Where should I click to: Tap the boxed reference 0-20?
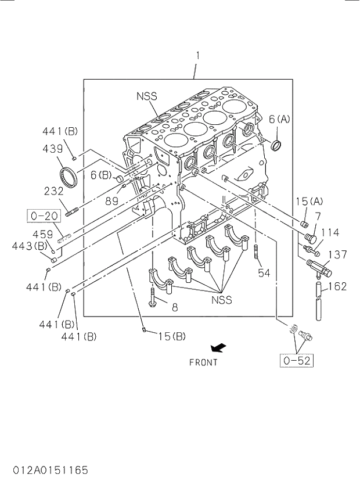click(44, 216)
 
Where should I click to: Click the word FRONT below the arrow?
click(203, 362)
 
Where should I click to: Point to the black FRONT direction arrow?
click(218, 348)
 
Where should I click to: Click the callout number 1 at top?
click(197, 56)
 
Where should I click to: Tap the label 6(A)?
click(279, 119)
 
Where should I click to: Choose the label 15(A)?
click(308, 201)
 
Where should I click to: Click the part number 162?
click(337, 286)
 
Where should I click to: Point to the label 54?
click(264, 272)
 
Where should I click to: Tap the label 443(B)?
click(29, 246)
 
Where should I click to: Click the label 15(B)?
click(171, 336)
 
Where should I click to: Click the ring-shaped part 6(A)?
click(278, 144)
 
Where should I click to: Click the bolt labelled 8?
click(153, 299)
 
